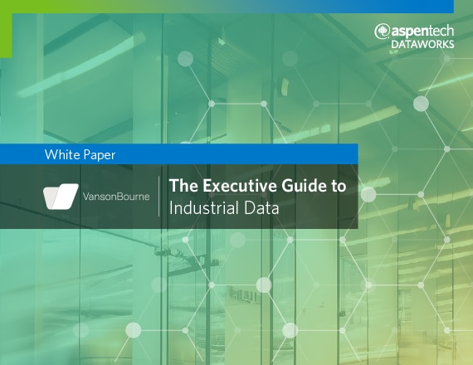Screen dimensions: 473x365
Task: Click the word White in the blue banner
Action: pos(61,154)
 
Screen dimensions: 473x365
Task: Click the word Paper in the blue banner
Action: pos(100,155)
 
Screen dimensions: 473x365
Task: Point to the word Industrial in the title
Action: pos(204,208)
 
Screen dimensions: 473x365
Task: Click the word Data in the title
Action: pos(261,208)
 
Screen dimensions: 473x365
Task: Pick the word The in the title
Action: pos(183,186)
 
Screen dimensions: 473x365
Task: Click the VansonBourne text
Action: pos(116,197)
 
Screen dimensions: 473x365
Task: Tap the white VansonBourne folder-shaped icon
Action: pos(61,197)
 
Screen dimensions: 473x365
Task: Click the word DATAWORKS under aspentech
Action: pos(422,44)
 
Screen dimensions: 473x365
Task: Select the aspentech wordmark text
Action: pos(422,31)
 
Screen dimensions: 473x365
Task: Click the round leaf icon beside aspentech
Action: pos(383,32)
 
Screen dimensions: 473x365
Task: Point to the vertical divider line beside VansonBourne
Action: pos(159,197)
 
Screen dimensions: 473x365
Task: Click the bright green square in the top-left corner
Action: pos(6,29)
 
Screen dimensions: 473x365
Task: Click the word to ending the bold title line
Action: pos(336,186)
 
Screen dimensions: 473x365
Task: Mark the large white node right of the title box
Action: pos(368,194)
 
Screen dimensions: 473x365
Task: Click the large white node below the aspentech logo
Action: pos(421,104)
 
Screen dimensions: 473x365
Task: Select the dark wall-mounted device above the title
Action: pos(284,87)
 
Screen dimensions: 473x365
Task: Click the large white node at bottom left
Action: pos(133,330)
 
